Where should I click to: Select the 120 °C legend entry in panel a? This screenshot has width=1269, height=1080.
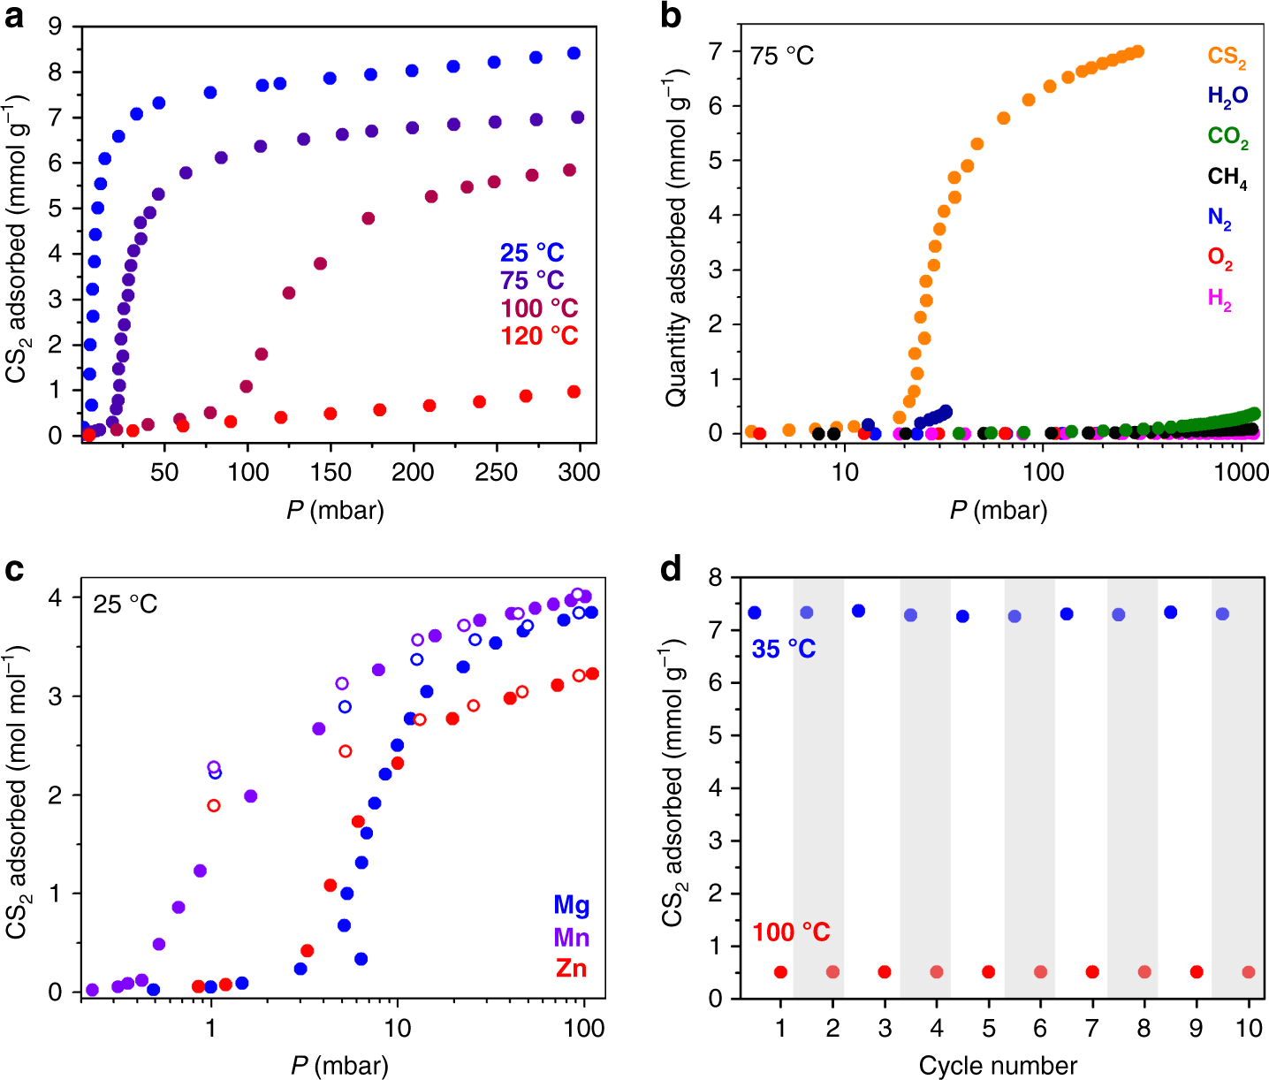tap(539, 337)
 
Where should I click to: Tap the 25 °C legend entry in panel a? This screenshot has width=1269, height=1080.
tap(532, 254)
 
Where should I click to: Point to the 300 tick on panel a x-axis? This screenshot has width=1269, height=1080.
tap(579, 472)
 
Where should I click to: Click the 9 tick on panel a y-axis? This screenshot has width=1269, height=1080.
tap(55, 27)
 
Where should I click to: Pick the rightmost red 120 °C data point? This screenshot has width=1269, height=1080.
tap(574, 392)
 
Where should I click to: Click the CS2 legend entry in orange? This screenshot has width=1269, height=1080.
tap(1227, 57)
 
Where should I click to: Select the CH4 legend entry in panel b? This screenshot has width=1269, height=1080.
tap(1227, 178)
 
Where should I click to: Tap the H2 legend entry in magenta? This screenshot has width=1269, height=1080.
tap(1220, 300)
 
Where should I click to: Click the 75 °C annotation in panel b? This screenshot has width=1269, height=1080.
tap(782, 57)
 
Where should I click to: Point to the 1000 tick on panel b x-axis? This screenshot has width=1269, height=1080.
tap(1242, 472)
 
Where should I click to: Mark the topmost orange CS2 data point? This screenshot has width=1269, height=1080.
tap(1138, 51)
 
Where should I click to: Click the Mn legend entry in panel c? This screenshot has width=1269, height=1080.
tap(571, 937)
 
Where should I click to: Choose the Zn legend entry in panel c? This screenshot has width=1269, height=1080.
tap(571, 969)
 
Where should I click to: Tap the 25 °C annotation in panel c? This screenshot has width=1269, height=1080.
tap(125, 605)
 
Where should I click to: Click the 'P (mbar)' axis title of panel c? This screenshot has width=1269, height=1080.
tap(339, 1065)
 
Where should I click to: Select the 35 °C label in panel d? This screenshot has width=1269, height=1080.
tap(784, 650)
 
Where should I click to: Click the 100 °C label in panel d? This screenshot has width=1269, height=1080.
tap(791, 932)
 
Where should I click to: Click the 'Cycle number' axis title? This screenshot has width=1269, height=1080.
tap(998, 1066)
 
